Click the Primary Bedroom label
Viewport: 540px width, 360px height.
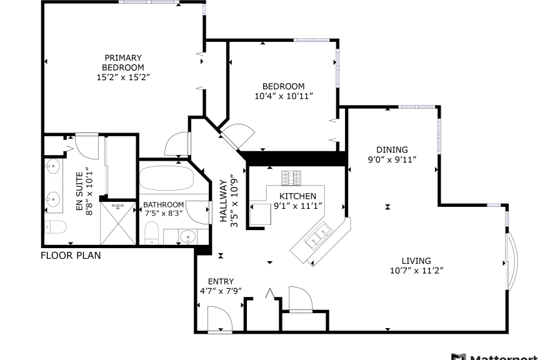pos(123,62)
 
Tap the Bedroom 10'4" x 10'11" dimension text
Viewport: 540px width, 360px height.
pos(284,96)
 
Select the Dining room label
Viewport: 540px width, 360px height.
pos(392,150)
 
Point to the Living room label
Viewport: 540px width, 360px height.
pos(416,261)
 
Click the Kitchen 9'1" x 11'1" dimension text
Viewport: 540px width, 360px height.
pos(298,206)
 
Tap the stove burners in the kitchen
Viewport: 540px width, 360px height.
pos(291,177)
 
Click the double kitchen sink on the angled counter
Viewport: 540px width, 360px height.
pos(319,235)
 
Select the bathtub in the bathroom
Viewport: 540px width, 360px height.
pos(167,178)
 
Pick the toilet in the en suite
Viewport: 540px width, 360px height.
pos(56,227)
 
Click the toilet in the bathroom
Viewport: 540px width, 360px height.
pos(151,233)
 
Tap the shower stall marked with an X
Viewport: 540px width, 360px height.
pos(118,223)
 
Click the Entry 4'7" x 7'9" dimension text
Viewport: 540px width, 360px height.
pos(221,291)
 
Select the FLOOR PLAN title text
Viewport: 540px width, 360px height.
pos(71,256)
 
